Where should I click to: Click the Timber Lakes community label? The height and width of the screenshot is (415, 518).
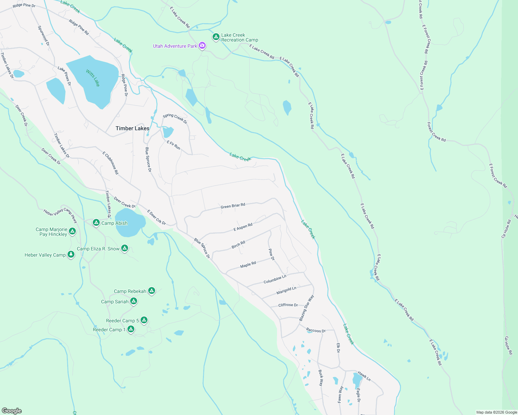132,128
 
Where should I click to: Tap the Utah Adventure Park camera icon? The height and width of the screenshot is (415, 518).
202,46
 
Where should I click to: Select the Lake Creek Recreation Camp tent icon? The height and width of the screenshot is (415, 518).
216,37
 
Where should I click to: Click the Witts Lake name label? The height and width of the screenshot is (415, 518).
93,78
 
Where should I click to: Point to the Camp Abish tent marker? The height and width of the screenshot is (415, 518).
96,222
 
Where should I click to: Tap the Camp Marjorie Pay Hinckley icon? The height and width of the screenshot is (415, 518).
72,231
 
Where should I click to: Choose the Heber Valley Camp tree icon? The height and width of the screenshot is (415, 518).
71,255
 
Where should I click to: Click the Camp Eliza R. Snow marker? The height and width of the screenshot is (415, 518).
125,248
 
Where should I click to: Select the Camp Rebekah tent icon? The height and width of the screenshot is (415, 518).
151,290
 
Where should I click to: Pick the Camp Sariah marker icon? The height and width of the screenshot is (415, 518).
134,301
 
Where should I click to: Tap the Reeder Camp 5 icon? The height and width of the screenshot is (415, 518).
144,320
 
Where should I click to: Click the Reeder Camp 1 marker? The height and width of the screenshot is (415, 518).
131,329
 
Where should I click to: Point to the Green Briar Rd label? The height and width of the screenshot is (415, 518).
233,206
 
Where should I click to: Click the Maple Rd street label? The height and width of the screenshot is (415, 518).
248,265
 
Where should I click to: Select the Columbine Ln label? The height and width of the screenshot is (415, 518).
275,279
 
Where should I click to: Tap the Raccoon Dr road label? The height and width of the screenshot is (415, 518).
316,330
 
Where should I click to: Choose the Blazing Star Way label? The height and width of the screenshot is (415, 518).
306,308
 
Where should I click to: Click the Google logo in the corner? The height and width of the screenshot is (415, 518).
12,411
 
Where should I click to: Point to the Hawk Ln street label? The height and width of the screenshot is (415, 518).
364,376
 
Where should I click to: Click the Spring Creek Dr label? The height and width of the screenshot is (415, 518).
175,119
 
